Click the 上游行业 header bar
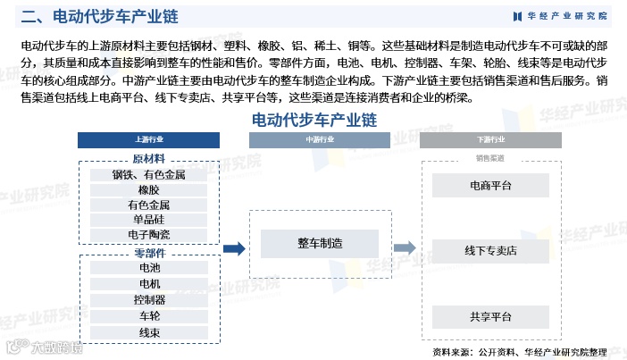(x=149, y=140)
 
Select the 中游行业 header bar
(x=320, y=140)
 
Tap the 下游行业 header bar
(x=490, y=140)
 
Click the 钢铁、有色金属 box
(x=149, y=175)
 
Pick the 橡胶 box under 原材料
(x=149, y=190)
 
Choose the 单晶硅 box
(x=149, y=220)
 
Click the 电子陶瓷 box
(x=149, y=235)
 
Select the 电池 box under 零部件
(x=149, y=267)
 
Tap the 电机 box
(x=149, y=283)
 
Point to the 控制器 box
(x=149, y=299)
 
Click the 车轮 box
(x=149, y=315)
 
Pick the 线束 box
(x=149, y=332)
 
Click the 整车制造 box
(x=320, y=243)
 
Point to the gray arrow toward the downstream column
(x=405, y=248)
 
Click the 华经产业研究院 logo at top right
(x=561, y=16)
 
